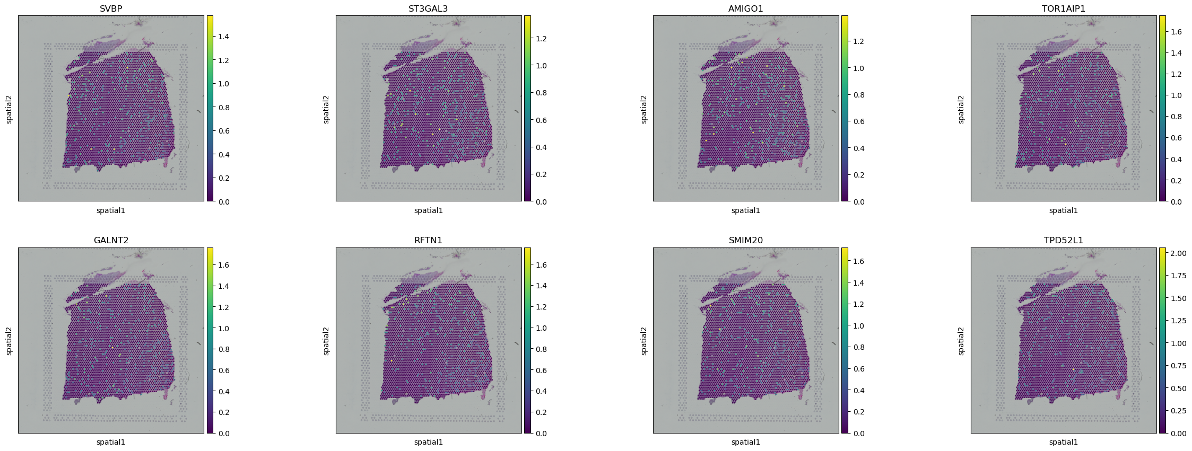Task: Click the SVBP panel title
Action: (111, 8)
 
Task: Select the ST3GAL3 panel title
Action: (429, 8)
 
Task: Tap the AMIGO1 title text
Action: (746, 8)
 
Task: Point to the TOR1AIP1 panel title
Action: (1064, 8)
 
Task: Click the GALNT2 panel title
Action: (111, 240)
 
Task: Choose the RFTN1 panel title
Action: (429, 240)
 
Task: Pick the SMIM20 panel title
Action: (746, 240)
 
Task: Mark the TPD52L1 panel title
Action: (1064, 240)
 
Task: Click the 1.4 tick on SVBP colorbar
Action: (223, 37)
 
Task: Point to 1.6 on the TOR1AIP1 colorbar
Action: (1176, 32)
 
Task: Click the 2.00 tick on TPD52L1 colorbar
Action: (1179, 253)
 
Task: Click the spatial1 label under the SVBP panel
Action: (111, 210)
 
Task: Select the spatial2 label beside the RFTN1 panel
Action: (326, 341)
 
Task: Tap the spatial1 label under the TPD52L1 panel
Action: (1064, 442)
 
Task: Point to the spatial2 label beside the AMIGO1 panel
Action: (644, 109)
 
